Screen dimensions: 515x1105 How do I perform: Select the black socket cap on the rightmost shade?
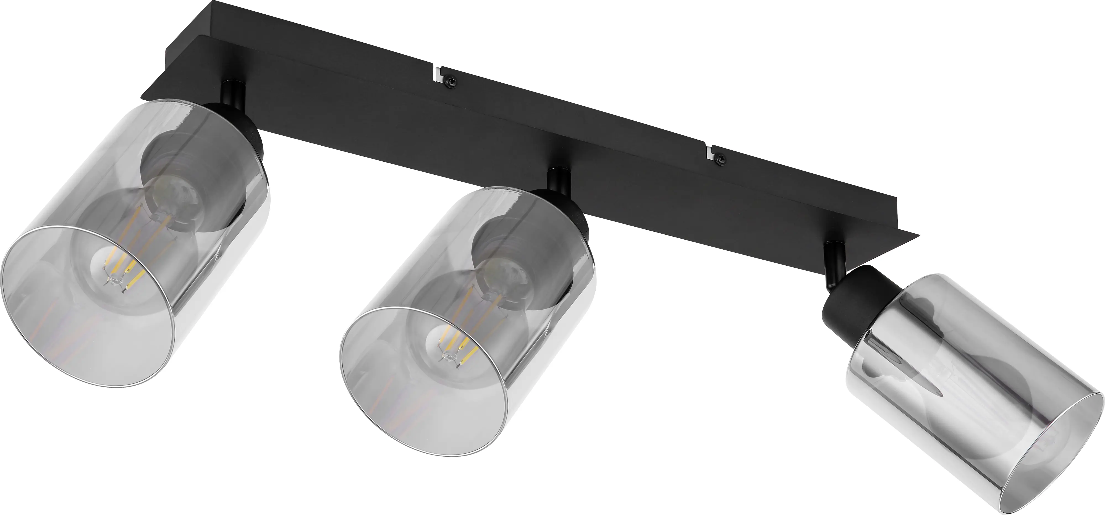[x=854, y=300]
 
